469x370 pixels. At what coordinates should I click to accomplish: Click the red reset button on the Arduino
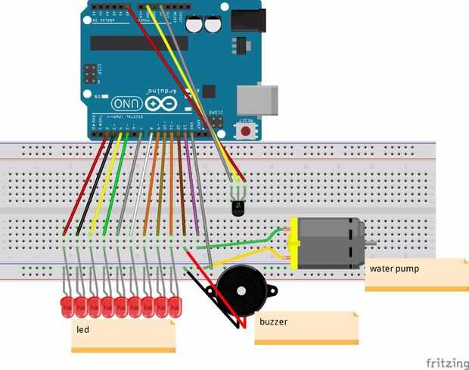246,131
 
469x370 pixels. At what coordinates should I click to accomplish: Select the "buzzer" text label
273,322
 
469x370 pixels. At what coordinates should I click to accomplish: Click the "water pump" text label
394,268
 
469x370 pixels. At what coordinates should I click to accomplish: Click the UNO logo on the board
126,104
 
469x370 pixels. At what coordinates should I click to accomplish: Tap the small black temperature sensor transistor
238,203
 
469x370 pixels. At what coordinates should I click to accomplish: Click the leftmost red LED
66,306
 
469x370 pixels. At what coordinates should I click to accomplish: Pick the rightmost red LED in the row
175,306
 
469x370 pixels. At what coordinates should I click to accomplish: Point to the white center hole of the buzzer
241,291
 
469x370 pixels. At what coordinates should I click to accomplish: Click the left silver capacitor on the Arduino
194,24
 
